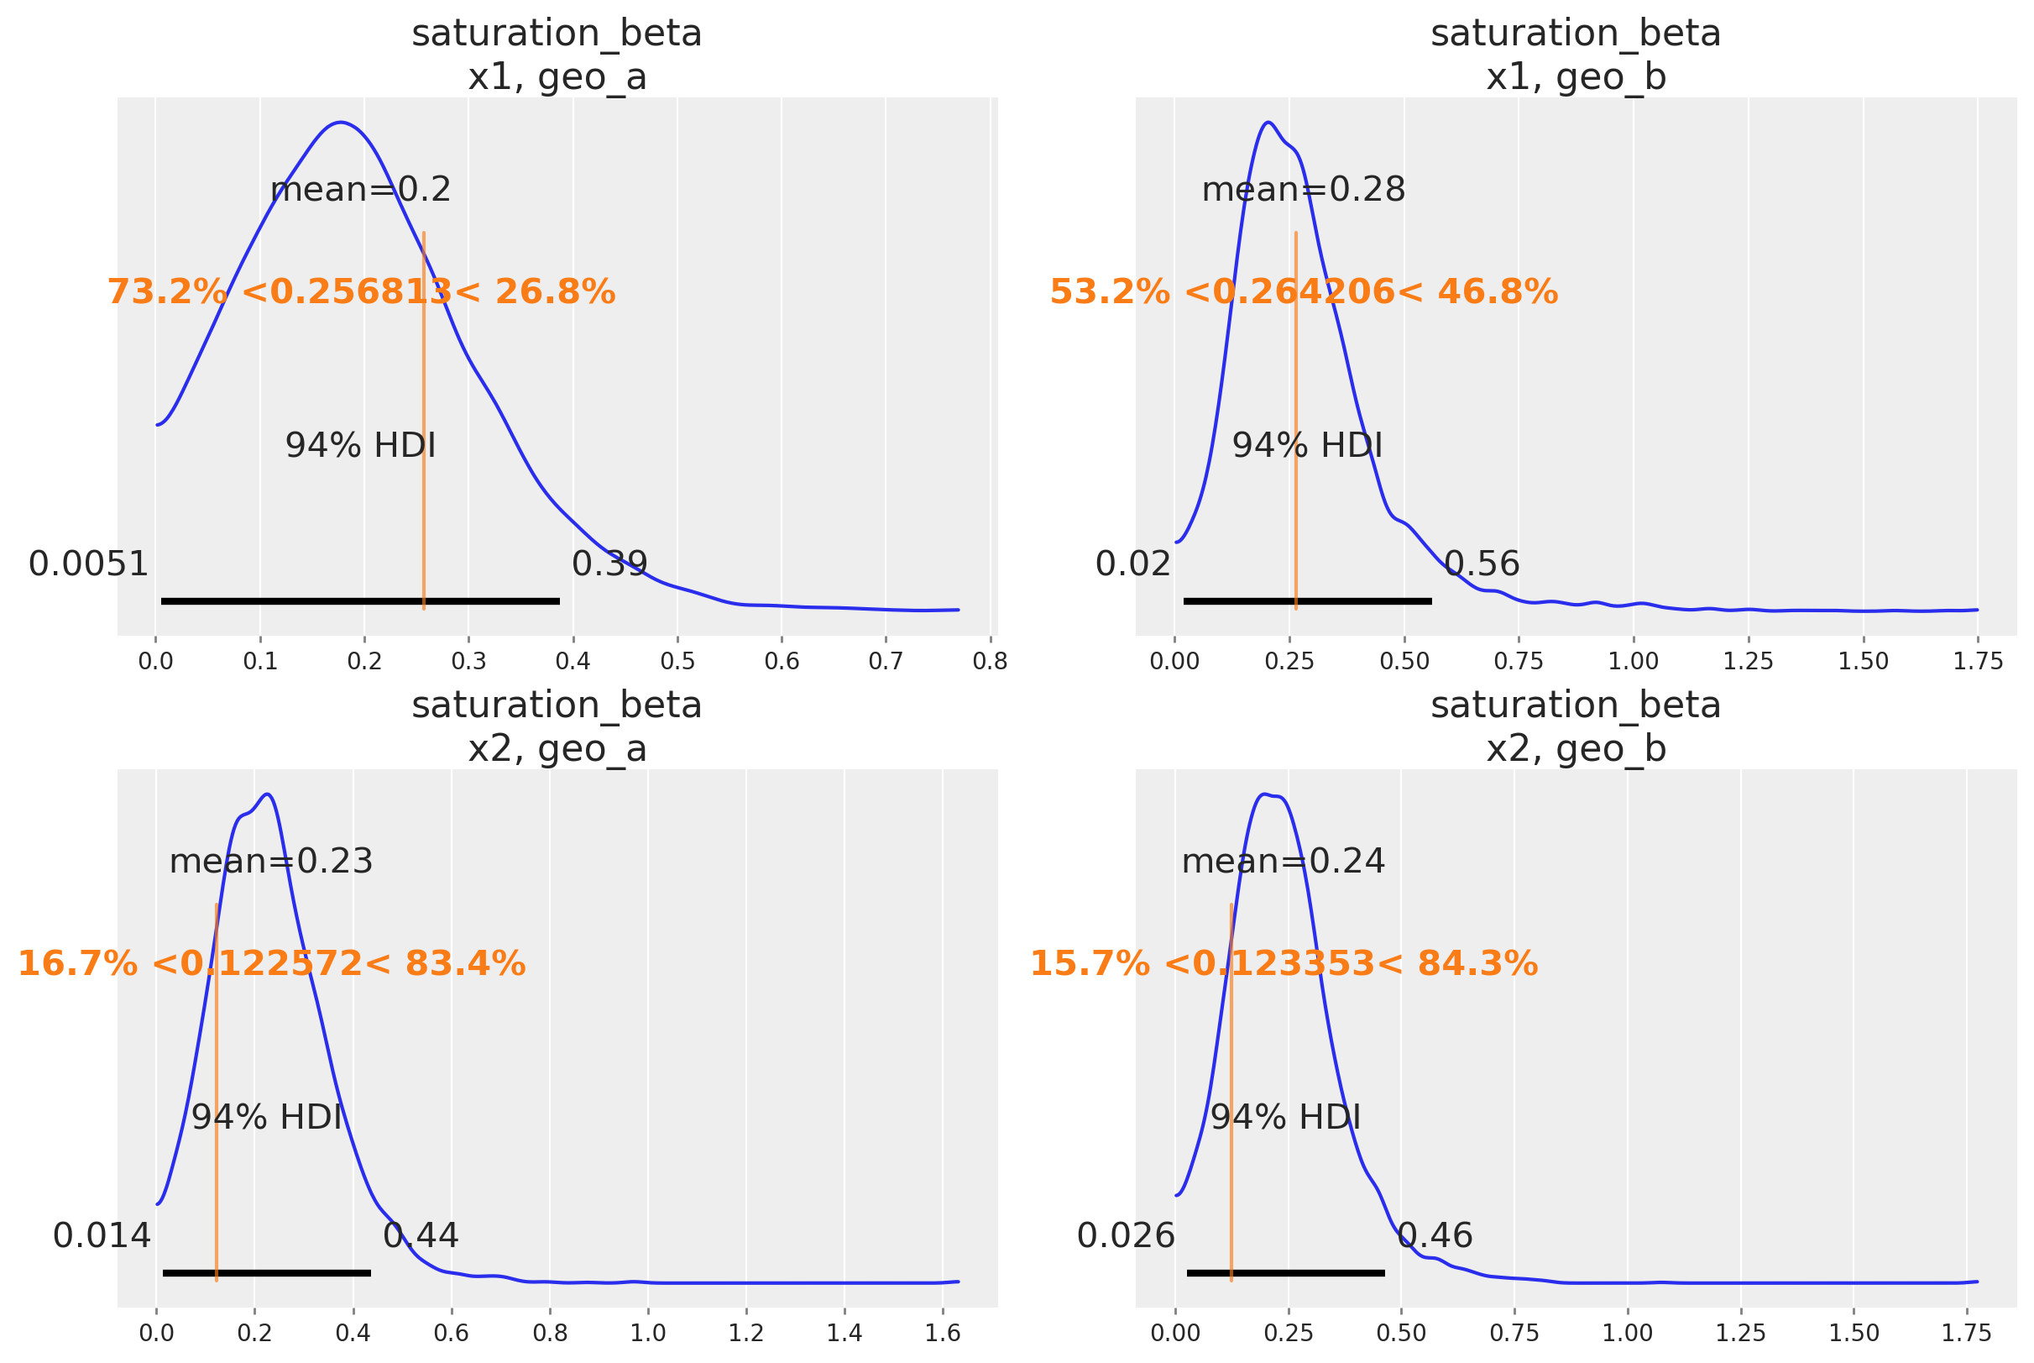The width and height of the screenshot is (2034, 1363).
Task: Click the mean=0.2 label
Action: (360, 190)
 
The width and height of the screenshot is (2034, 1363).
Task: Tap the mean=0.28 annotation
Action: (1303, 190)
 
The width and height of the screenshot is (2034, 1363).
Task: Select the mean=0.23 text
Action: (270, 862)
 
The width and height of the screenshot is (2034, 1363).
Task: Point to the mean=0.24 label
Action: (1283, 862)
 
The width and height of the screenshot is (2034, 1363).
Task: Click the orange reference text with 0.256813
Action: (361, 292)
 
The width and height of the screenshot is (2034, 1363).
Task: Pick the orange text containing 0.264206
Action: (1304, 292)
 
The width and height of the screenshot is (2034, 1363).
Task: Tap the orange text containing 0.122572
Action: (271, 964)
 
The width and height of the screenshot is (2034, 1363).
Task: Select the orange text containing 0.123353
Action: (1284, 964)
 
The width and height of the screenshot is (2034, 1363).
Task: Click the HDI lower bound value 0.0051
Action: (89, 564)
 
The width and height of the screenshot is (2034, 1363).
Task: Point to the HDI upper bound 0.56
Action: (1482, 564)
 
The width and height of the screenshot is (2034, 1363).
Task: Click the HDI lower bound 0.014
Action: (102, 1235)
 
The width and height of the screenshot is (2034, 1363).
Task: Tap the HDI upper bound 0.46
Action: (1435, 1235)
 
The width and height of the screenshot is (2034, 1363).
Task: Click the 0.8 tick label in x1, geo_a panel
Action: (990, 662)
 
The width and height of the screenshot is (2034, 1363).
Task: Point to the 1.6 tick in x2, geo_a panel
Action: (942, 1333)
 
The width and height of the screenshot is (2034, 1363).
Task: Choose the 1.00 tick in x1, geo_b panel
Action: (1633, 662)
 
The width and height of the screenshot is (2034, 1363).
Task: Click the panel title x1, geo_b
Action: (1576, 77)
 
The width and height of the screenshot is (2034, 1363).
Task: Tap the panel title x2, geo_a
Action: (557, 749)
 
